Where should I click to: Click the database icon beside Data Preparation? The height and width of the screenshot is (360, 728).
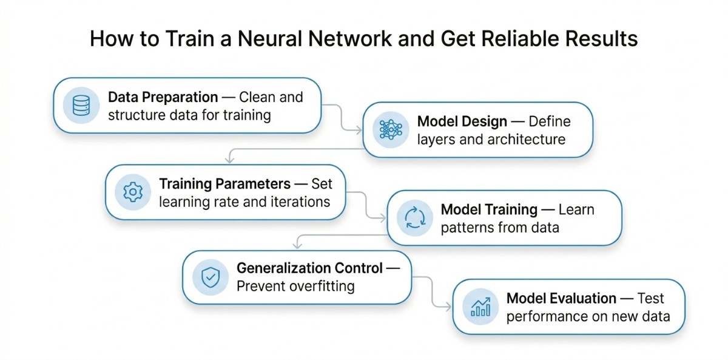(81, 106)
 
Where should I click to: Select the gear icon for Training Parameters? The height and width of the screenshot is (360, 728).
(132, 192)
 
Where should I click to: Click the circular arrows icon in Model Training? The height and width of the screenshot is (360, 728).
(415, 219)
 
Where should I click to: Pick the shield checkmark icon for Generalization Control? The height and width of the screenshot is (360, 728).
(210, 277)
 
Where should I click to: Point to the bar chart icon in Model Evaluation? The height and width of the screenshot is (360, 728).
(480, 307)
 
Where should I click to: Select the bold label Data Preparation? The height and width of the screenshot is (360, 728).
(163, 97)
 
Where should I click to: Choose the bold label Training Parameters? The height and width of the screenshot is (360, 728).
(224, 183)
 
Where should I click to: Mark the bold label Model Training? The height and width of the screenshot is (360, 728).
(489, 210)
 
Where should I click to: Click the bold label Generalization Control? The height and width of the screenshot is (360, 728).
(309, 268)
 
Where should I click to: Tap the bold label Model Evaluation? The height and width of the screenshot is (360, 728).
(561, 298)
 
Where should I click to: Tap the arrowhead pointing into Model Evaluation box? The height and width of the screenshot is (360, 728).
(450, 307)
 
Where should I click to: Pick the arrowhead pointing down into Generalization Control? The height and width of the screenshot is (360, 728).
(297, 246)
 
